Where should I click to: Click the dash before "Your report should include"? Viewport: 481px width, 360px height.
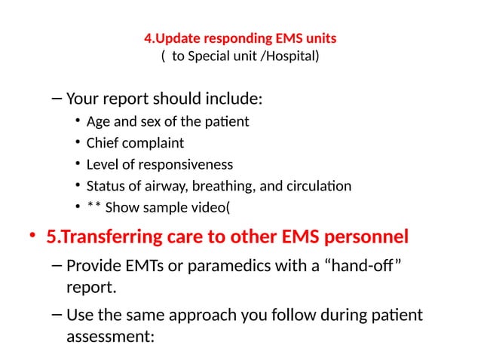[x=57, y=99]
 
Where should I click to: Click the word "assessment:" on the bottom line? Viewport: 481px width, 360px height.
[x=110, y=337]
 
